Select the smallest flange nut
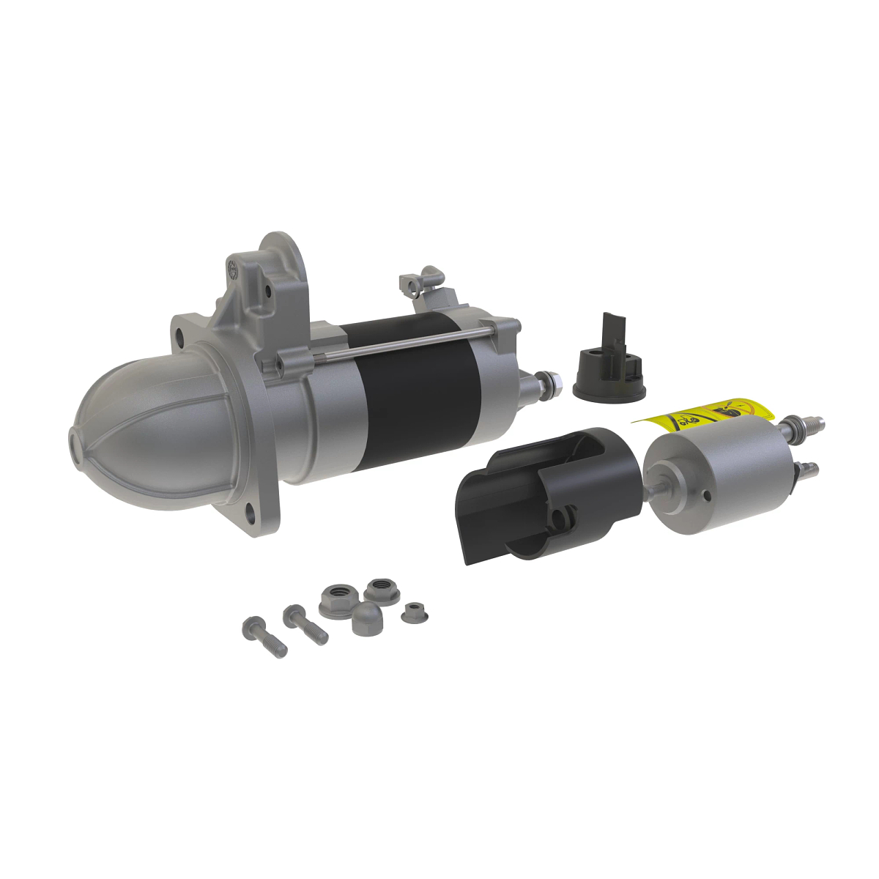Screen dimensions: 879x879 click(415, 612)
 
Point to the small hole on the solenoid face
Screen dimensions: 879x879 click(708, 496)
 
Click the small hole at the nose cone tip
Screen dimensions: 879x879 click(76, 443)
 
